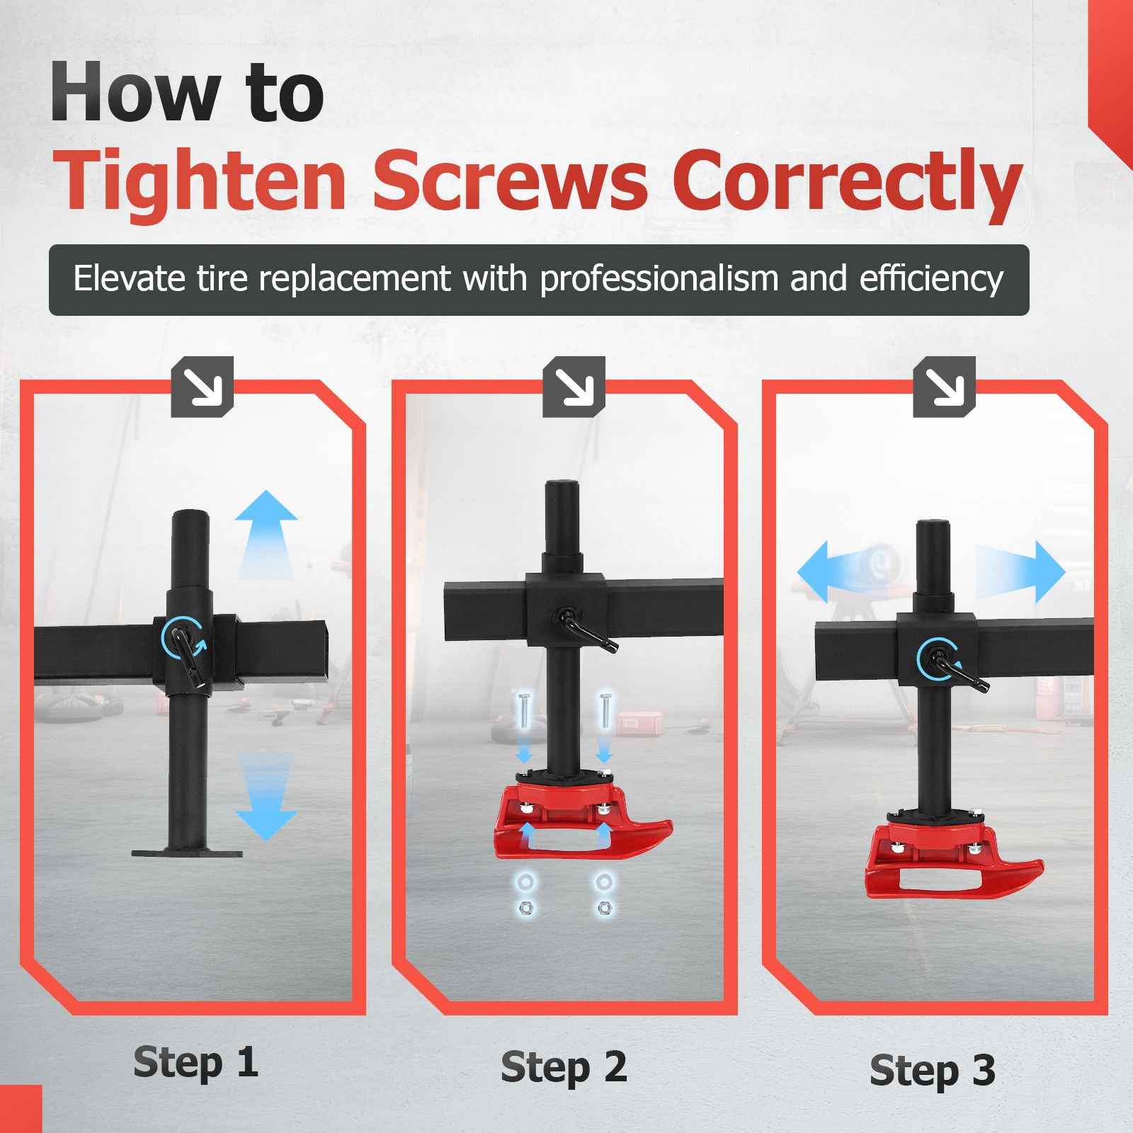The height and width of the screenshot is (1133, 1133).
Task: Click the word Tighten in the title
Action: pyautogui.click(x=200, y=183)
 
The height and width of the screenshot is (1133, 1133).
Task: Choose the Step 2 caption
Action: pyautogui.click(x=564, y=1068)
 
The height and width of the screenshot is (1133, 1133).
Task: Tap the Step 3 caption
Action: pyautogui.click(x=933, y=1071)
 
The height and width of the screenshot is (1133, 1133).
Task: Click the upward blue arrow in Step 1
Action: pyautogui.click(x=266, y=535)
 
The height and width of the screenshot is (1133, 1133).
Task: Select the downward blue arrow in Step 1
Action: pyautogui.click(x=266, y=796)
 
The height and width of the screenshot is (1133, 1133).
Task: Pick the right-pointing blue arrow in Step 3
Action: pyautogui.click(x=1020, y=572)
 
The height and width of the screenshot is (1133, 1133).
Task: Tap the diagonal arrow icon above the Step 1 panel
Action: pyautogui.click(x=203, y=387)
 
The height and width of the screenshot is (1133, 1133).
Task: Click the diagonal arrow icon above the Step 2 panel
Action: pyautogui.click(x=574, y=387)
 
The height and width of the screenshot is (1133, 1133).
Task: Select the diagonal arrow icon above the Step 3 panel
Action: pyautogui.click(x=945, y=387)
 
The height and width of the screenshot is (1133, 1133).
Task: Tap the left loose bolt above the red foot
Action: pyautogui.click(x=524, y=711)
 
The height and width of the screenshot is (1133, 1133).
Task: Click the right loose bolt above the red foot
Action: pyautogui.click(x=605, y=711)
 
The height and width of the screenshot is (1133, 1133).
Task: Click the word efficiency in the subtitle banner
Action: pyautogui.click(x=931, y=278)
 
